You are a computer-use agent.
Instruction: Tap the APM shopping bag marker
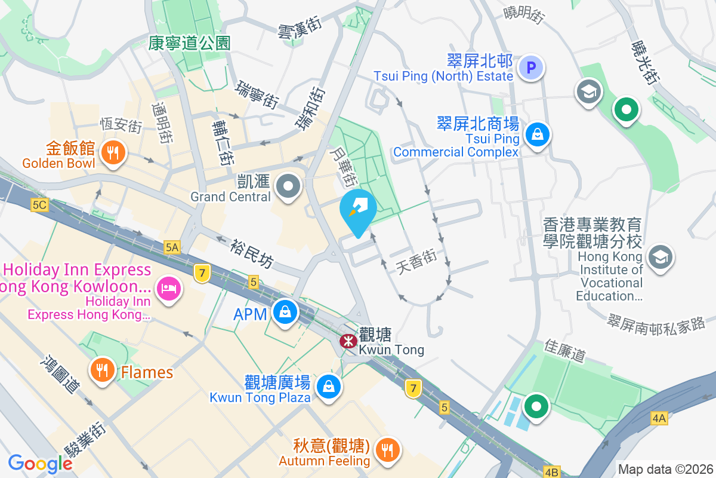(x=285, y=312)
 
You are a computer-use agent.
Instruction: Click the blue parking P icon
(x=531, y=67)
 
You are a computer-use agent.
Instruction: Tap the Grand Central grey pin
(x=289, y=186)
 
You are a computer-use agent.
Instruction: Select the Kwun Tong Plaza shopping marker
(x=328, y=386)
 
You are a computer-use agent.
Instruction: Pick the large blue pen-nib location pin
(x=358, y=210)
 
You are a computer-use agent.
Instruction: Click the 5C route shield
(x=39, y=205)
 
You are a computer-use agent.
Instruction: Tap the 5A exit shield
(x=172, y=246)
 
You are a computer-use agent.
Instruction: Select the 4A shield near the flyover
(x=659, y=419)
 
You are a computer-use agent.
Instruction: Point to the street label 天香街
(x=416, y=262)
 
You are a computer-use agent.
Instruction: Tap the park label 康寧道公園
(x=189, y=42)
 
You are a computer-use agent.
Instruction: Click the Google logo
(x=40, y=463)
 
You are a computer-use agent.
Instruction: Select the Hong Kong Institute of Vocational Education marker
(x=661, y=258)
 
